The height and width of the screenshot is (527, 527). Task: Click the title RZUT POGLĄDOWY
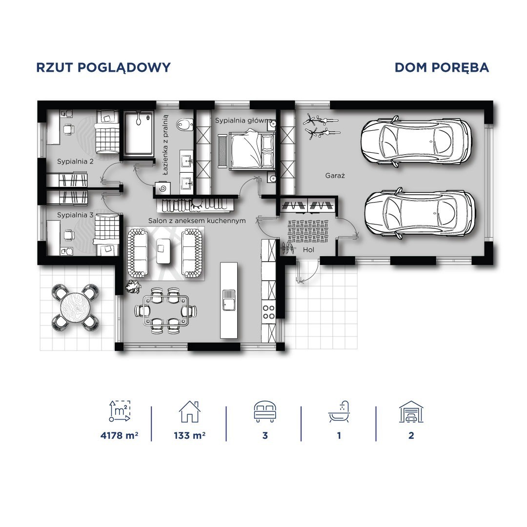coord(103,68)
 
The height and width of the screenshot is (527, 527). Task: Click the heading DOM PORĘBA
coord(442,67)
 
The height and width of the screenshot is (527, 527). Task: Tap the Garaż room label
coord(335,176)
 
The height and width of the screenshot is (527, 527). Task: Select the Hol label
coord(308,250)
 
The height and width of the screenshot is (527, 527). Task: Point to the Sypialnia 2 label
coord(75,162)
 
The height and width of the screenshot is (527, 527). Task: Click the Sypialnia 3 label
coord(75,215)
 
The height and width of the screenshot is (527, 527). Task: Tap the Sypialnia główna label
coord(243,121)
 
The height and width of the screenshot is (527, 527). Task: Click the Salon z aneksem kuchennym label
coord(197,221)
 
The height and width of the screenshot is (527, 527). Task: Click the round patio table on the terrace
coord(75,307)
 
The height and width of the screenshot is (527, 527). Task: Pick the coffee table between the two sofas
coord(163,251)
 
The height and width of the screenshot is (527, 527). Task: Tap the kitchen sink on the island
coord(229,300)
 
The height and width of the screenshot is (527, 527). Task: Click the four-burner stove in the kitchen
coord(268,312)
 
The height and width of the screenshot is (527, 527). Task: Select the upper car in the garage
coord(415,141)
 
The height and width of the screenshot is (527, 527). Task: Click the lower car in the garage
coord(420,213)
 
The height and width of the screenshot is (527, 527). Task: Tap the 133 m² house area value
coord(189,436)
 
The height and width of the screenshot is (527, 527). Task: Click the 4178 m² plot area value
coord(120,436)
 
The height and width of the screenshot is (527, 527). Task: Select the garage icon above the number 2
coord(411,412)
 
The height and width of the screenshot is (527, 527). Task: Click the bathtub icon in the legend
coord(339,412)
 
